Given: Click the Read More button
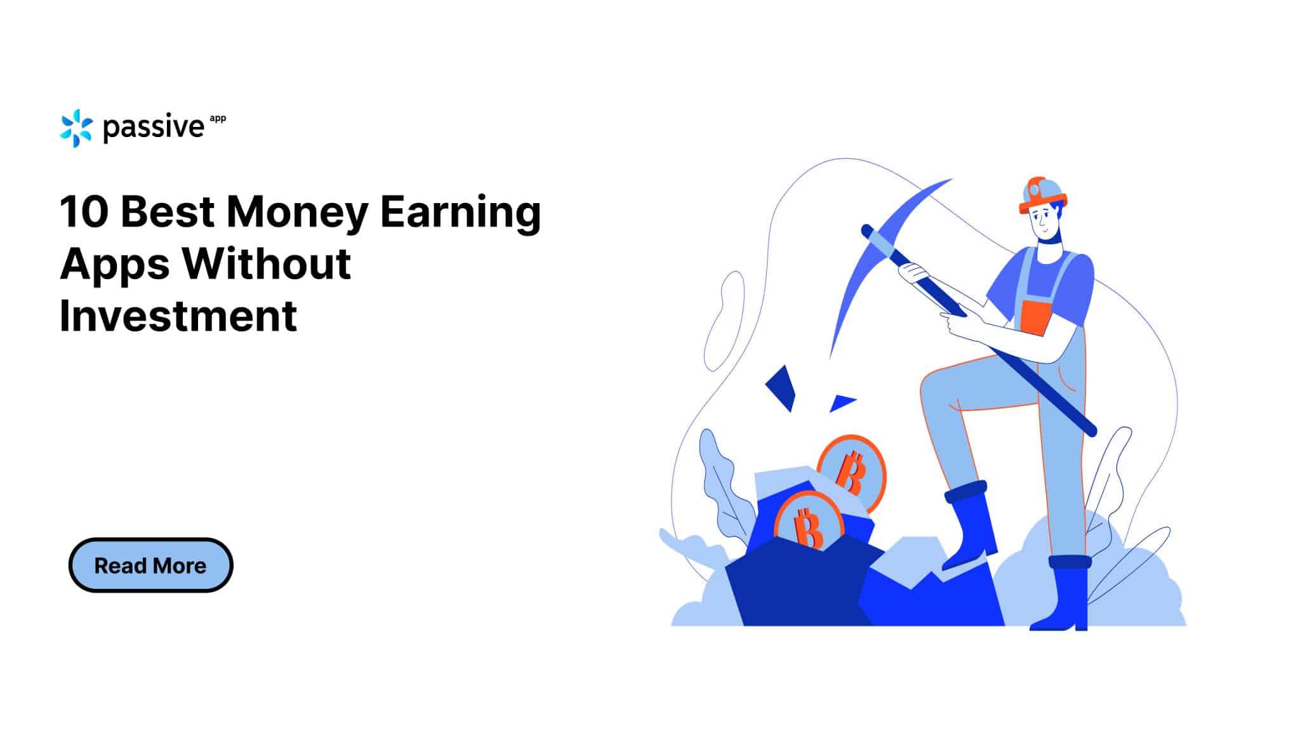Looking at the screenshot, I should pyautogui.click(x=150, y=565).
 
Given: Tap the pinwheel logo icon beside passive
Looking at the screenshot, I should pyautogui.click(x=76, y=128).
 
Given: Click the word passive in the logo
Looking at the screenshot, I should pyautogui.click(x=153, y=128).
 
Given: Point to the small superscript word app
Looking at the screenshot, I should pyautogui.click(x=217, y=119).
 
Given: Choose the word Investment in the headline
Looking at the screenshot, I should pyautogui.click(x=178, y=315).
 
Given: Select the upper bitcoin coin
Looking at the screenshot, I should pyautogui.click(x=853, y=471).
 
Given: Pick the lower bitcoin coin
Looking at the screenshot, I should pyautogui.click(x=808, y=523).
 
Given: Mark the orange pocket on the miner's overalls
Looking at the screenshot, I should pyautogui.click(x=1032, y=317).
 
